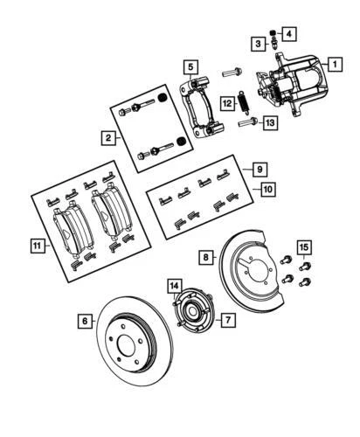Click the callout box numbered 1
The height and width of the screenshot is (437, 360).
(334, 64)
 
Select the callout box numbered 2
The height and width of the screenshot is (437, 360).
(107, 137)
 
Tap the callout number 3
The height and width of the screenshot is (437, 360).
(259, 44)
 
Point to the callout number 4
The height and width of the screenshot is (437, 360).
(289, 35)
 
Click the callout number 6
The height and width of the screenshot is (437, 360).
(86, 322)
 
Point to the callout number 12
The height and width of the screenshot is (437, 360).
(226, 102)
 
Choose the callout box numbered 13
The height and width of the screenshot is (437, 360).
(269, 124)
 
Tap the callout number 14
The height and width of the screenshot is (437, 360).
(175, 286)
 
